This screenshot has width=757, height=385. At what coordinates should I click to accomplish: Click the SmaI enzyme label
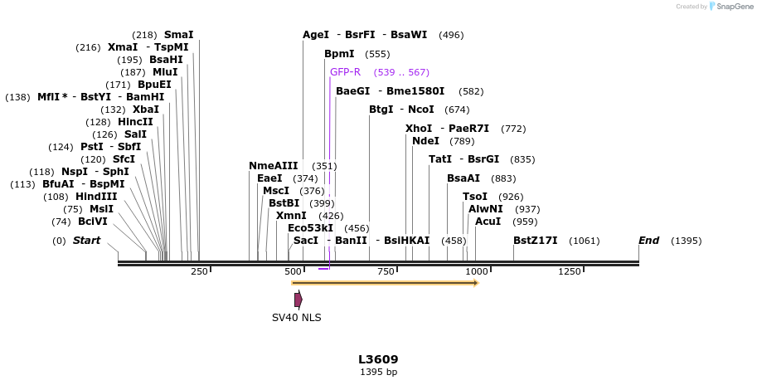click(x=178, y=35)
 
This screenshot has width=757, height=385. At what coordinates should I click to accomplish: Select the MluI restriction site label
click(x=165, y=72)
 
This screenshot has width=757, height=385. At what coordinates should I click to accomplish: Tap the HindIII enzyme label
click(x=96, y=197)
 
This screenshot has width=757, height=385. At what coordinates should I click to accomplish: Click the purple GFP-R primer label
click(x=345, y=72)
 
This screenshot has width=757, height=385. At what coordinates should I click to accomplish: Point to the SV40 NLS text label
click(x=296, y=318)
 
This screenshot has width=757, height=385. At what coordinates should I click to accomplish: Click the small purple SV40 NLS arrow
click(x=298, y=300)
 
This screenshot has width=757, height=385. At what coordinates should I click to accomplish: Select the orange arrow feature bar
click(x=385, y=283)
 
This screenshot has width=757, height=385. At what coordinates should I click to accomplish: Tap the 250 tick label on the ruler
click(x=199, y=271)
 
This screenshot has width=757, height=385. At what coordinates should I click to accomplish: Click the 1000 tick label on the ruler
click(x=476, y=271)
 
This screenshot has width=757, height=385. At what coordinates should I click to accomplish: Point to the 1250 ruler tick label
click(x=570, y=271)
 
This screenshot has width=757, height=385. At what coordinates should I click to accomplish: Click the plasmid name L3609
click(x=378, y=359)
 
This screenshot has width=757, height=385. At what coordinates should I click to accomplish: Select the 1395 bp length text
click(x=378, y=373)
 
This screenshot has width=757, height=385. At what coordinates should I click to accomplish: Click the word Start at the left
click(x=86, y=241)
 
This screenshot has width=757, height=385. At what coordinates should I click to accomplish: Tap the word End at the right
click(x=648, y=241)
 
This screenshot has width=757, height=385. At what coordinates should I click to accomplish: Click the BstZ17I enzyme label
click(x=535, y=241)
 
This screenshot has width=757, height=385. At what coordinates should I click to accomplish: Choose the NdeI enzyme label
click(x=425, y=141)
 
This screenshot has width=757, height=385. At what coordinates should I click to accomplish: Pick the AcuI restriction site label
click(x=488, y=222)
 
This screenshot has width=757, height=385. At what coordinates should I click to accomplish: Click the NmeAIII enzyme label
click(x=273, y=166)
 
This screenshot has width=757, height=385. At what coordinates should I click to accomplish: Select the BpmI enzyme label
click(x=339, y=54)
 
